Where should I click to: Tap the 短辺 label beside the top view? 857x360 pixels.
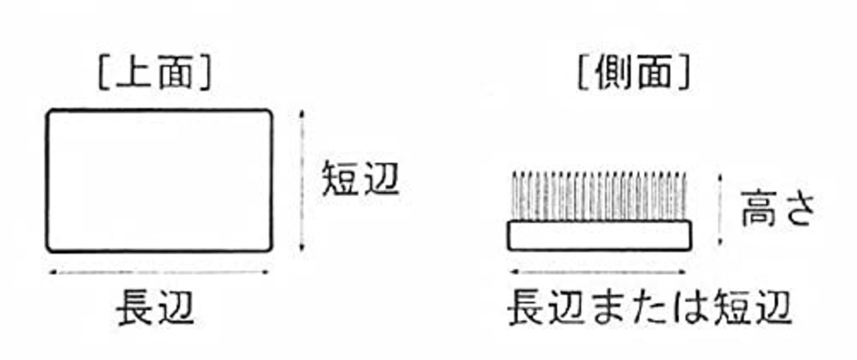360,179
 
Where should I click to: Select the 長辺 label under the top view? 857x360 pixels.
155,308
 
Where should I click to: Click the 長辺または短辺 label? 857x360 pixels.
649,308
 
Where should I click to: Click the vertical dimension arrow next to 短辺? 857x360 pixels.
302,181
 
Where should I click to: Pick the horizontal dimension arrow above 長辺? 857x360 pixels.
159,272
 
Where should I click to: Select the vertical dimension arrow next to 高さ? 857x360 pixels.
720,209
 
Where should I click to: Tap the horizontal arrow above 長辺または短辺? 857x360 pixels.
598,272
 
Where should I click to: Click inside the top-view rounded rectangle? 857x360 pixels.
159,181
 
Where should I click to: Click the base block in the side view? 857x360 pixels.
598,236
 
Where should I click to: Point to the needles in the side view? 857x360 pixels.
598,196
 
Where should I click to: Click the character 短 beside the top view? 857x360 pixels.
341,179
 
